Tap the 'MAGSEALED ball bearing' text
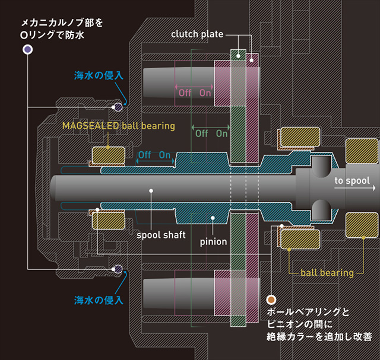point(119,126)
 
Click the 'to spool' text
point(352,181)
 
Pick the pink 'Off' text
point(185,93)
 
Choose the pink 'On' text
point(205,93)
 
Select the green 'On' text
point(222,133)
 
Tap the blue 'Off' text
point(145,155)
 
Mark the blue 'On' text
point(165,155)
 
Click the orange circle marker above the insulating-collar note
point(272,300)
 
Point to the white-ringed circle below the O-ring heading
point(27,50)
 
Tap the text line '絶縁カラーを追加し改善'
point(319,337)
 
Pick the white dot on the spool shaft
point(151,191)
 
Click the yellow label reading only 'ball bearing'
point(327,273)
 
